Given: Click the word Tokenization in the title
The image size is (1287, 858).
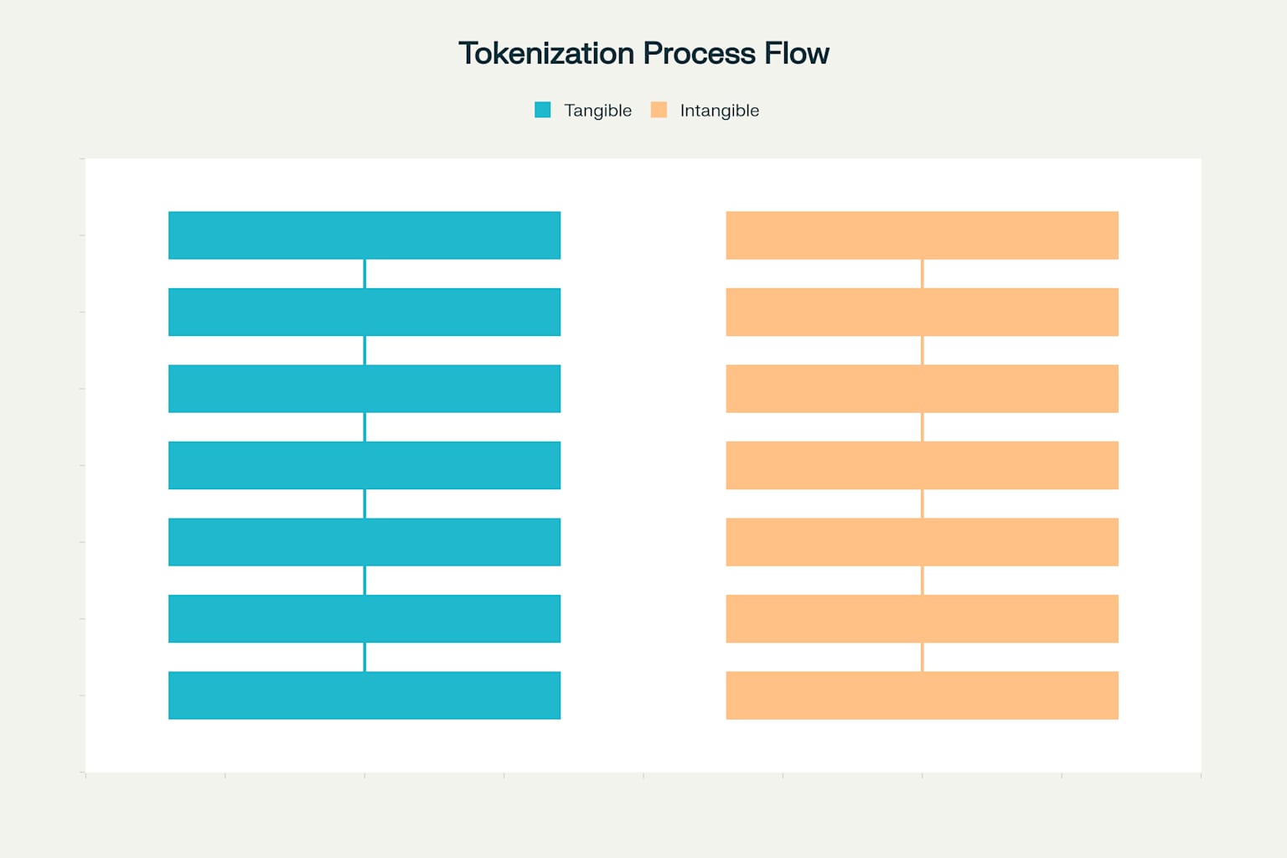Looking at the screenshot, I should click(x=546, y=54).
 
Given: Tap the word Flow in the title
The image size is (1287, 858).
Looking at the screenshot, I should click(x=797, y=54).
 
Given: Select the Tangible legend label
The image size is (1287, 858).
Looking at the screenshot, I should click(x=597, y=111).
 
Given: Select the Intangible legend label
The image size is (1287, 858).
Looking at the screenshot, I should click(x=719, y=111).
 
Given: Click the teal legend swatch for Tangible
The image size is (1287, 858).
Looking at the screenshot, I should click(x=543, y=110).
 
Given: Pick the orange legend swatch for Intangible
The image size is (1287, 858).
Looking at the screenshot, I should click(x=659, y=110).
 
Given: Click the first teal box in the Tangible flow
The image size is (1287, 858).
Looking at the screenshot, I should click(x=364, y=235).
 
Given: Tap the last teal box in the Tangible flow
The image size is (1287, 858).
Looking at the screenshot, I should click(x=364, y=695).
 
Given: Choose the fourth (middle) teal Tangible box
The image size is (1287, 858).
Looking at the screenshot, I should click(x=364, y=465).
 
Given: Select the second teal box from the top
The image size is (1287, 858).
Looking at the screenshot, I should click(x=364, y=312).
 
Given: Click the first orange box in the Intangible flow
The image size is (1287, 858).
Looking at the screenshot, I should click(x=922, y=235).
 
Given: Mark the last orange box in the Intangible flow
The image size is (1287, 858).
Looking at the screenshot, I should click(x=922, y=695).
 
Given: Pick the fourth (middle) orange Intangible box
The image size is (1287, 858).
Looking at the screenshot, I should click(x=922, y=465).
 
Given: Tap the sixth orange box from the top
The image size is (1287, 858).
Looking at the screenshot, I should click(x=922, y=618).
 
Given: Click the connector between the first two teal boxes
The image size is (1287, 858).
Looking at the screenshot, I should click(x=364, y=274).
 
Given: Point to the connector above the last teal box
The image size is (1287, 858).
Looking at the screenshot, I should click(x=364, y=657).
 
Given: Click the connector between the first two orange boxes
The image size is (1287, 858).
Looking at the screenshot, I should click(x=923, y=274).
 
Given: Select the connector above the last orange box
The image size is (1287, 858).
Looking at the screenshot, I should click(x=923, y=657).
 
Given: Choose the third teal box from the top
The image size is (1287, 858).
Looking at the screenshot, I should click(x=364, y=389).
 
